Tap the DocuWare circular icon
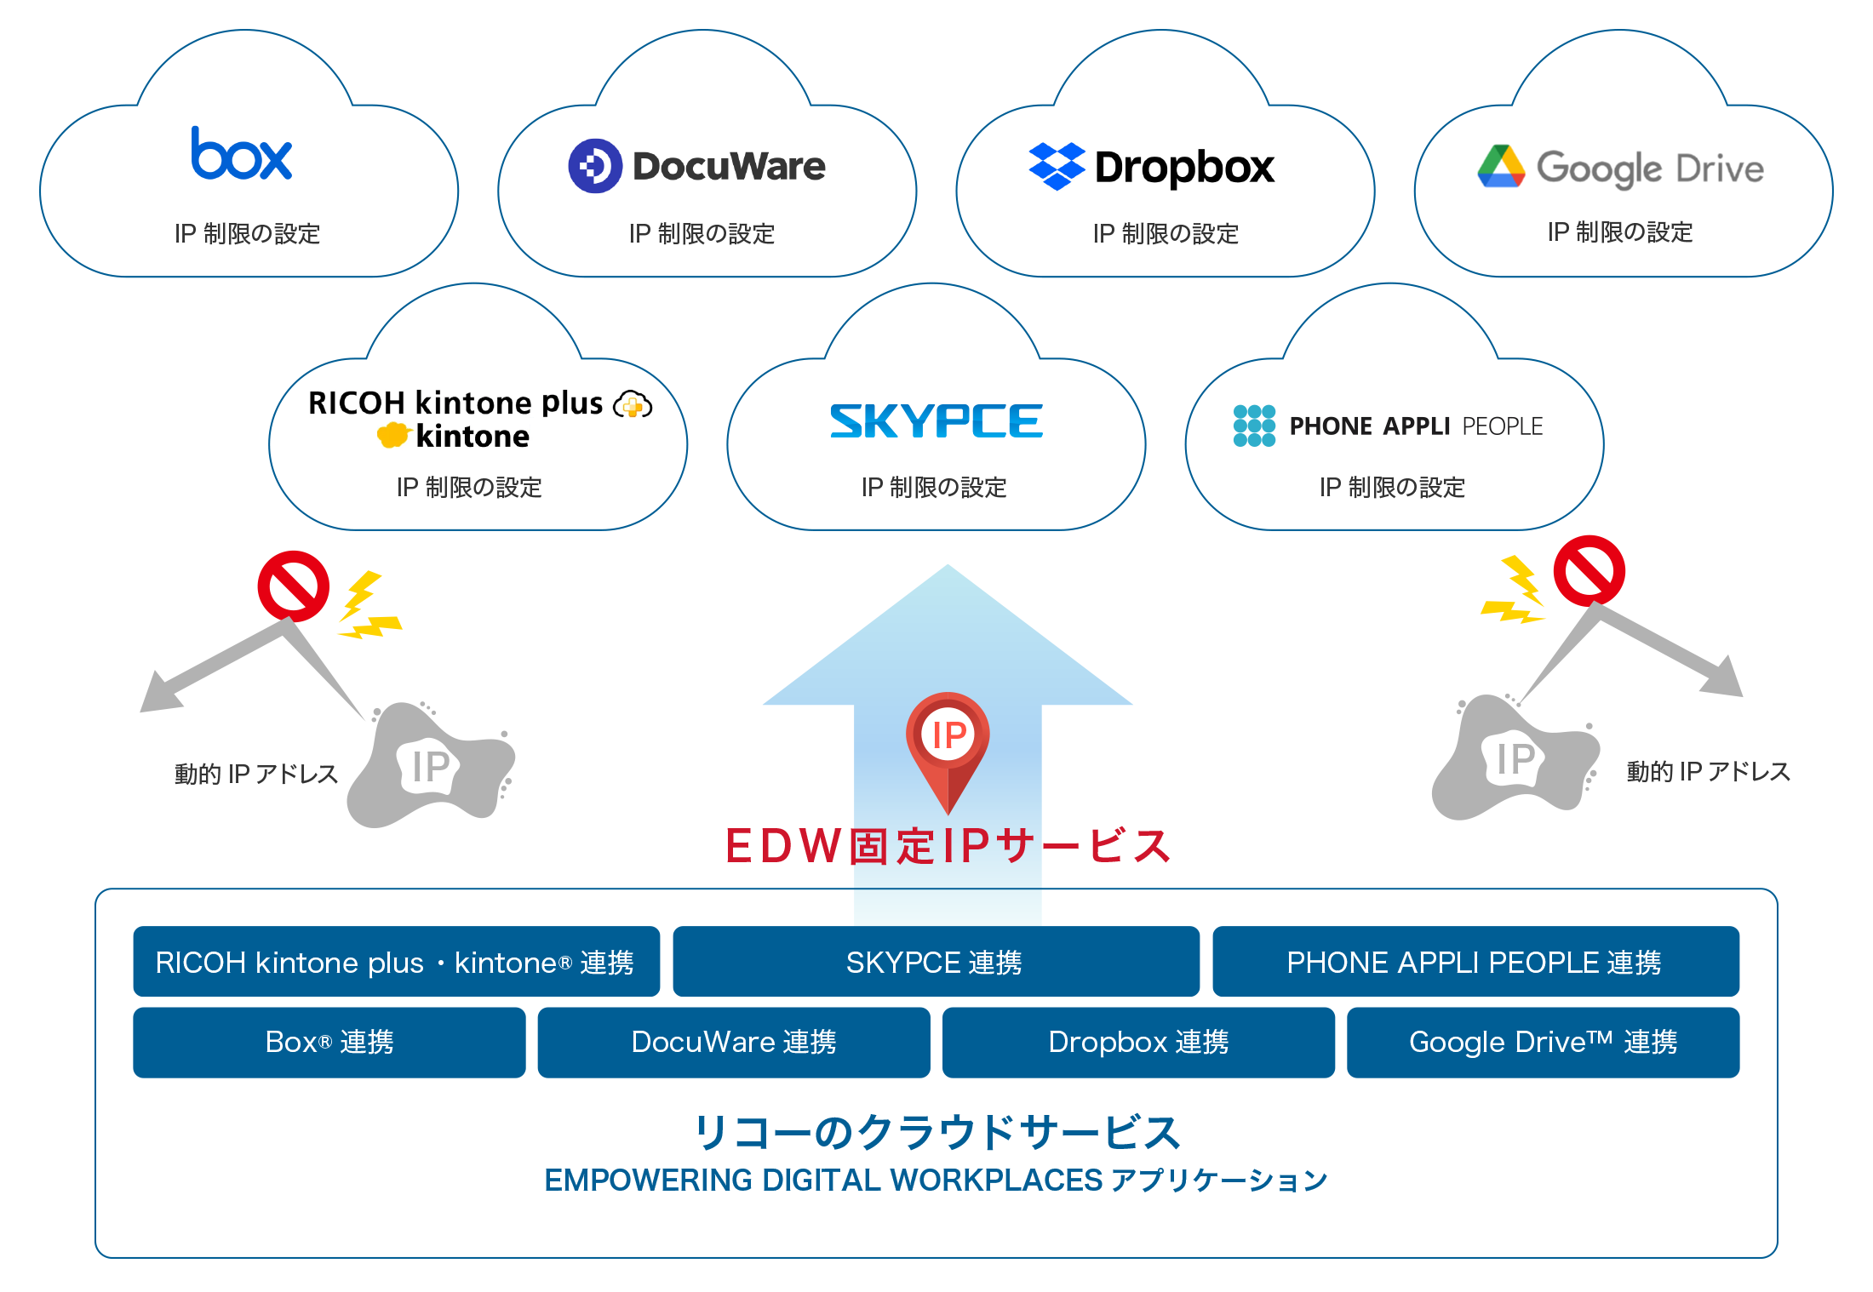click(594, 166)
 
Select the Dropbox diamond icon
click(1057, 166)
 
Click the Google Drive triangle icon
click(1501, 167)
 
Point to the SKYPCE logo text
click(936, 421)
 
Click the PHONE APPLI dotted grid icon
click(1254, 426)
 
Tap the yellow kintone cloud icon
click(393, 436)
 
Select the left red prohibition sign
click(293, 586)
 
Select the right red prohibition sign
click(1589, 570)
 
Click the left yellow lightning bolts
click(366, 606)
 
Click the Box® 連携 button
click(329, 1042)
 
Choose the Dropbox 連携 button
click(1138, 1042)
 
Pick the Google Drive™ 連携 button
click(1543, 1042)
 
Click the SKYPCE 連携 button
click(936, 962)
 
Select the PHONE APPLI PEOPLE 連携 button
click(1475, 962)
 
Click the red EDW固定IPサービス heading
click(947, 846)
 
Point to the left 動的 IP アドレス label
click(255, 774)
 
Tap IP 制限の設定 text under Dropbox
click(1166, 233)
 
